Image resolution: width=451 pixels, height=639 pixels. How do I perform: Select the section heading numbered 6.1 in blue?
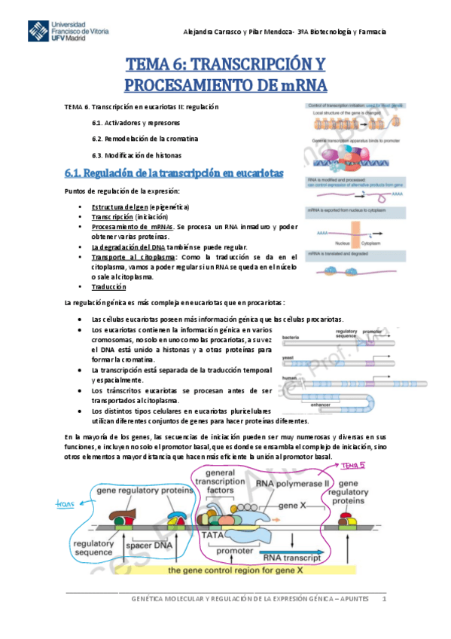[173, 173]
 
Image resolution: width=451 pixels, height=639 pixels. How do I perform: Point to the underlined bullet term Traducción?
[109, 287]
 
